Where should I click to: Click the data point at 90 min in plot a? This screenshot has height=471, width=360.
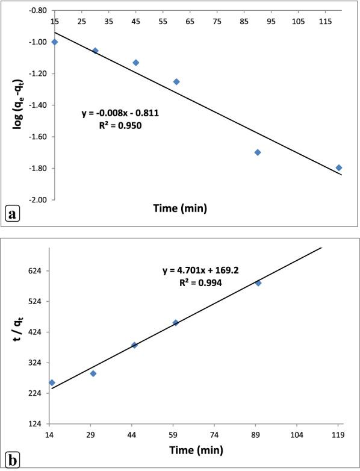(x=258, y=152)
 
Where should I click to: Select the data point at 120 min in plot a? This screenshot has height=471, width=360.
(x=339, y=167)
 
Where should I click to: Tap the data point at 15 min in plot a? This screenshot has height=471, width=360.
(x=55, y=42)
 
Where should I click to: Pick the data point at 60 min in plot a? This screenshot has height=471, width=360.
(x=176, y=81)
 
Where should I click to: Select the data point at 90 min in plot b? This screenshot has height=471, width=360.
(x=258, y=282)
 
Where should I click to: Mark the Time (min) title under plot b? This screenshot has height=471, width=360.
(x=194, y=450)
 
